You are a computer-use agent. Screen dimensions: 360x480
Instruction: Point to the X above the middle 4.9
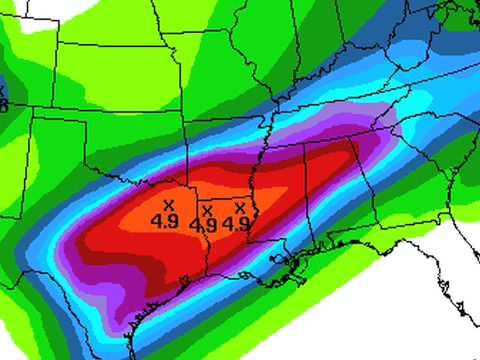[206, 212]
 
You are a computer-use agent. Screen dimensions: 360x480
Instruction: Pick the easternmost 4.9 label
[236, 223]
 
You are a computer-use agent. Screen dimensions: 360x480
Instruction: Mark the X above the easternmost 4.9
[239, 208]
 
